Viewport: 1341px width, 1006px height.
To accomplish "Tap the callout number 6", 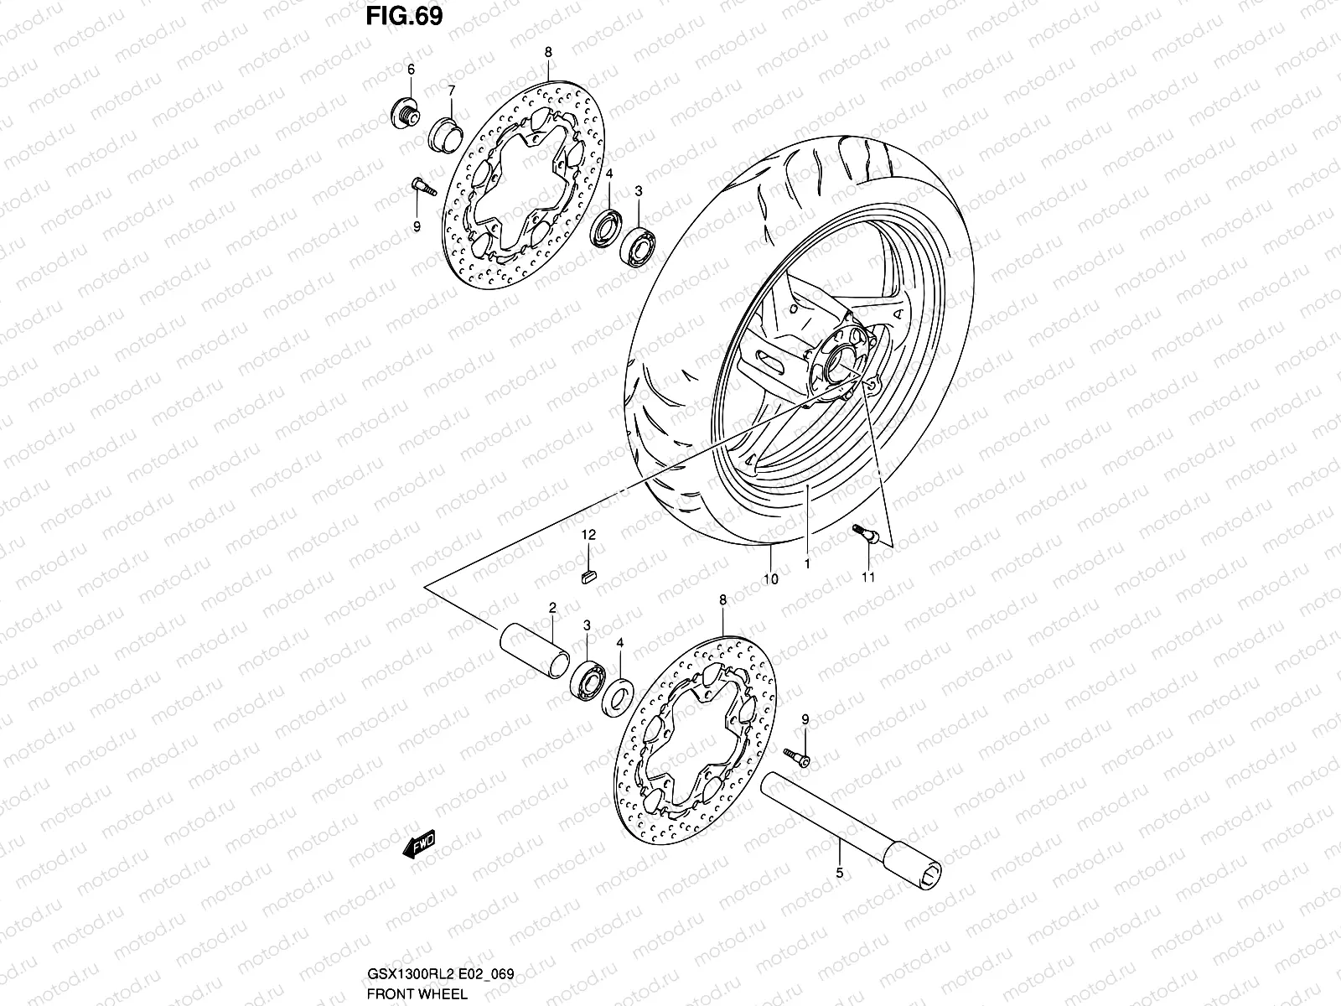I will pyautogui.click(x=412, y=70).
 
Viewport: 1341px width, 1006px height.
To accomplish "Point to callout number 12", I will pyautogui.click(x=588, y=534).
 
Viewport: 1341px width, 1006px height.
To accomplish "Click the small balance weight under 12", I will pyautogui.click(x=588, y=574).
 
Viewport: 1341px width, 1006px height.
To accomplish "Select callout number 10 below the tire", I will pyautogui.click(x=771, y=578).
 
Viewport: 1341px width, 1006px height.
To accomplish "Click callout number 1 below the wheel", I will pyautogui.click(x=807, y=564).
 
